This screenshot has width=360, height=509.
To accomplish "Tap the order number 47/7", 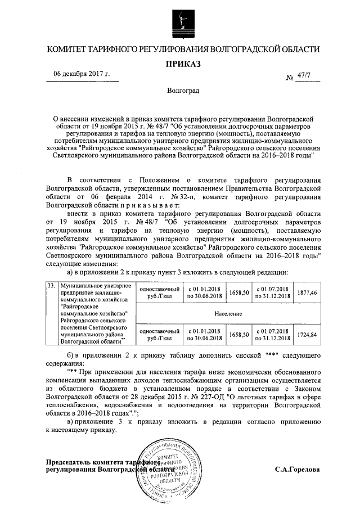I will [307, 76].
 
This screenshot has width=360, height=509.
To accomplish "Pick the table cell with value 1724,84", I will [307, 334].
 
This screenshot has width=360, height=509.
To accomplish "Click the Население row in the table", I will [228, 313].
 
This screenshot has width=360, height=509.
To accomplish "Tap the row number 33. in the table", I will [51, 285].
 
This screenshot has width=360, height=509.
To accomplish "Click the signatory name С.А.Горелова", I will [297, 469].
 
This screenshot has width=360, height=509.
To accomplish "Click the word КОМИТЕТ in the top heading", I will [69, 49].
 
